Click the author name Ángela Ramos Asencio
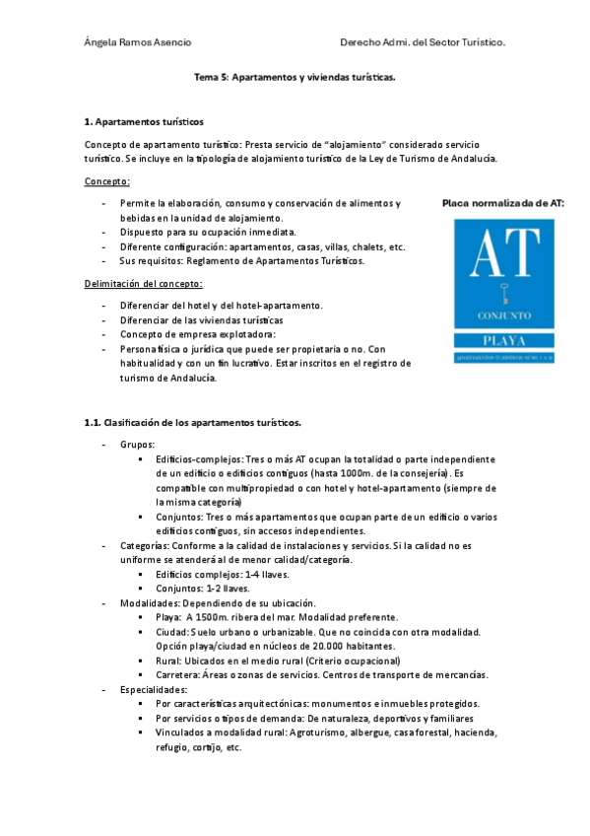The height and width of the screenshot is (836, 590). click(138, 43)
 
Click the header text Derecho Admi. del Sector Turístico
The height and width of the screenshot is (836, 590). click(422, 43)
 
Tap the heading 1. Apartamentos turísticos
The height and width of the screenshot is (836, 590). click(145, 122)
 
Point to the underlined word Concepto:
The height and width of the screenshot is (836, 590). click(107, 181)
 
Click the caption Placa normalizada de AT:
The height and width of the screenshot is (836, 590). click(503, 203)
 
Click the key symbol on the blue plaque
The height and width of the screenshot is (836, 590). click(503, 295)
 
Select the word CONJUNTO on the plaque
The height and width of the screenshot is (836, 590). click(503, 317)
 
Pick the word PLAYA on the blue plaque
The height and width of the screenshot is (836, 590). click(503, 341)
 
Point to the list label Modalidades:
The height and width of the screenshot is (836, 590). click(151, 602)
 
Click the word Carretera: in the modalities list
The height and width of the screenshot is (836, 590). click(179, 674)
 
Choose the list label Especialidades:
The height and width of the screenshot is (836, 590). click(153, 689)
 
